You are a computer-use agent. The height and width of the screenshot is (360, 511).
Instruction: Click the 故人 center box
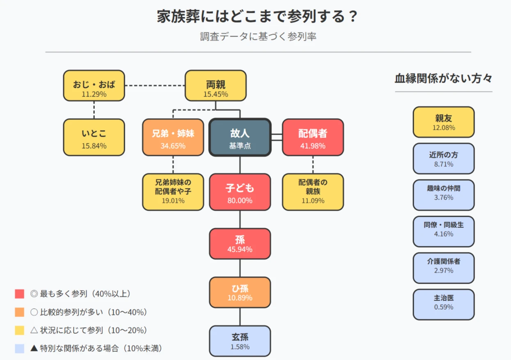[x=240, y=138]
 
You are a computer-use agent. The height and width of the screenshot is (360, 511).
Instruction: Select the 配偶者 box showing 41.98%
[x=313, y=138]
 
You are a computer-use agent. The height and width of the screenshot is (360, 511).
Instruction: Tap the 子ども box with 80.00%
[x=240, y=192]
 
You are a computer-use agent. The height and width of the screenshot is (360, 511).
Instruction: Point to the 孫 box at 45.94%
[x=240, y=244]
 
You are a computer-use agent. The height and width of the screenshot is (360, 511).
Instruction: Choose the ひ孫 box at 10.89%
[x=240, y=292]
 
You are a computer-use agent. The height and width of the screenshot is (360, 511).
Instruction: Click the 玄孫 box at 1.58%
[x=240, y=341]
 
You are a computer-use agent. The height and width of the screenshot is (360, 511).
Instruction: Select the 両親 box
[x=215, y=85]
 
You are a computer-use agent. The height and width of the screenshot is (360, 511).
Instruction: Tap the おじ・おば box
[x=94, y=85]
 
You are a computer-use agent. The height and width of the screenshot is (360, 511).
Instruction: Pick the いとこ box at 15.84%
[x=94, y=138]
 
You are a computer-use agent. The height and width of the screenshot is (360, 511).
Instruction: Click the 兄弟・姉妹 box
[x=173, y=138]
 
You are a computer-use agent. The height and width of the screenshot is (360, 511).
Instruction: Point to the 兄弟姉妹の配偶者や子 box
[x=173, y=192]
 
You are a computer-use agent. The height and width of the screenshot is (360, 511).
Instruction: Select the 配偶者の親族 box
[x=313, y=192]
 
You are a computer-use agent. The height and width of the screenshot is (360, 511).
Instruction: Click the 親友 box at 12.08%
[x=443, y=122]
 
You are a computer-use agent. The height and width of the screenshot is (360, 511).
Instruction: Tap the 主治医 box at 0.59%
[x=443, y=304]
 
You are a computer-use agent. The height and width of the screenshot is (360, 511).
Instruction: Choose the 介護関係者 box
[x=443, y=268]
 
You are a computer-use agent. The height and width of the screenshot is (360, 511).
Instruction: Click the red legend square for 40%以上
[x=19, y=294]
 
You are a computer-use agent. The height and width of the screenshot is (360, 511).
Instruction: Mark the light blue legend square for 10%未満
[x=19, y=349]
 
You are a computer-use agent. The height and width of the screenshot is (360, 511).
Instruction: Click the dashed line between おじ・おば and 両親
[x=155, y=85]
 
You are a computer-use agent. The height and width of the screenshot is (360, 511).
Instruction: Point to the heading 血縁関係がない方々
[x=443, y=78]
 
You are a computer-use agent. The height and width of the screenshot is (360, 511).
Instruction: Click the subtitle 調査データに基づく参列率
[x=258, y=37]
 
